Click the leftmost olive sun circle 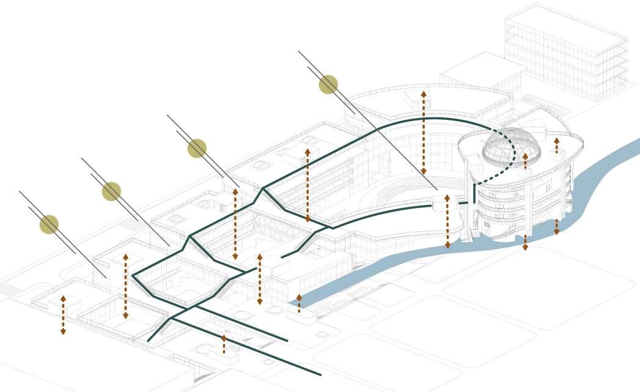click(49, 224)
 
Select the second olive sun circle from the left click(111, 191)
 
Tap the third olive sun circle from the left click(197, 148)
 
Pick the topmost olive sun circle click(328, 84)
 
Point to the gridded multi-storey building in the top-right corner click(565, 52)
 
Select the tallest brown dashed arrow click(424, 132)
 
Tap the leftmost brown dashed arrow click(63, 314)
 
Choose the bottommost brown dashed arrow click(224, 344)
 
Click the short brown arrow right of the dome click(556, 146)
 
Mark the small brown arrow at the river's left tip click(299, 303)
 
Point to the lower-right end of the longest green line click(320, 374)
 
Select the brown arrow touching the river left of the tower click(447, 221)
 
